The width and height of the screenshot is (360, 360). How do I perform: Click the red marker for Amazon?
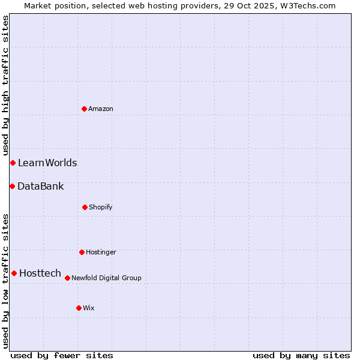84,109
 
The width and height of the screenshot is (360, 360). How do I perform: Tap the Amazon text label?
101,109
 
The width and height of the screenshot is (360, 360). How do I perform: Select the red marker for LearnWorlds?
13,163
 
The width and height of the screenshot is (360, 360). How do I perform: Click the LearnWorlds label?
47,163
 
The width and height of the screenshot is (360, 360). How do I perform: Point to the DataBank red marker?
12,186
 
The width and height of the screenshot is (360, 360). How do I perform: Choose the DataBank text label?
41,187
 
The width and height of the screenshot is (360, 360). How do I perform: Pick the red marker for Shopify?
85,207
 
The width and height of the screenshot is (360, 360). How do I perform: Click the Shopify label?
101,208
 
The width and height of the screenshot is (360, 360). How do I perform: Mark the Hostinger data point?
82,252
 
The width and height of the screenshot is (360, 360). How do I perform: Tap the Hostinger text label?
101,253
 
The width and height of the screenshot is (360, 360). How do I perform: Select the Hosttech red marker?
14,273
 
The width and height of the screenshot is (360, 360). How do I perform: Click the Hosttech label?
40,274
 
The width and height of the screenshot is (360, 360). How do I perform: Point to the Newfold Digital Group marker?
67,278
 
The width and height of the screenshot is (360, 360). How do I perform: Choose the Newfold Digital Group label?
106,278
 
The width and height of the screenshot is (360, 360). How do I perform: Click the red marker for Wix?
79,308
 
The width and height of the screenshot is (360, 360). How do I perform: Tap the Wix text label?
89,308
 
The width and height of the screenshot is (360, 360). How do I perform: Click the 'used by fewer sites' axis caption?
62,356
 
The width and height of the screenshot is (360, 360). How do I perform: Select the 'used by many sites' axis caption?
301,356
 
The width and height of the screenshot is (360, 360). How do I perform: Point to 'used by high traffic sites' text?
5,85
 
